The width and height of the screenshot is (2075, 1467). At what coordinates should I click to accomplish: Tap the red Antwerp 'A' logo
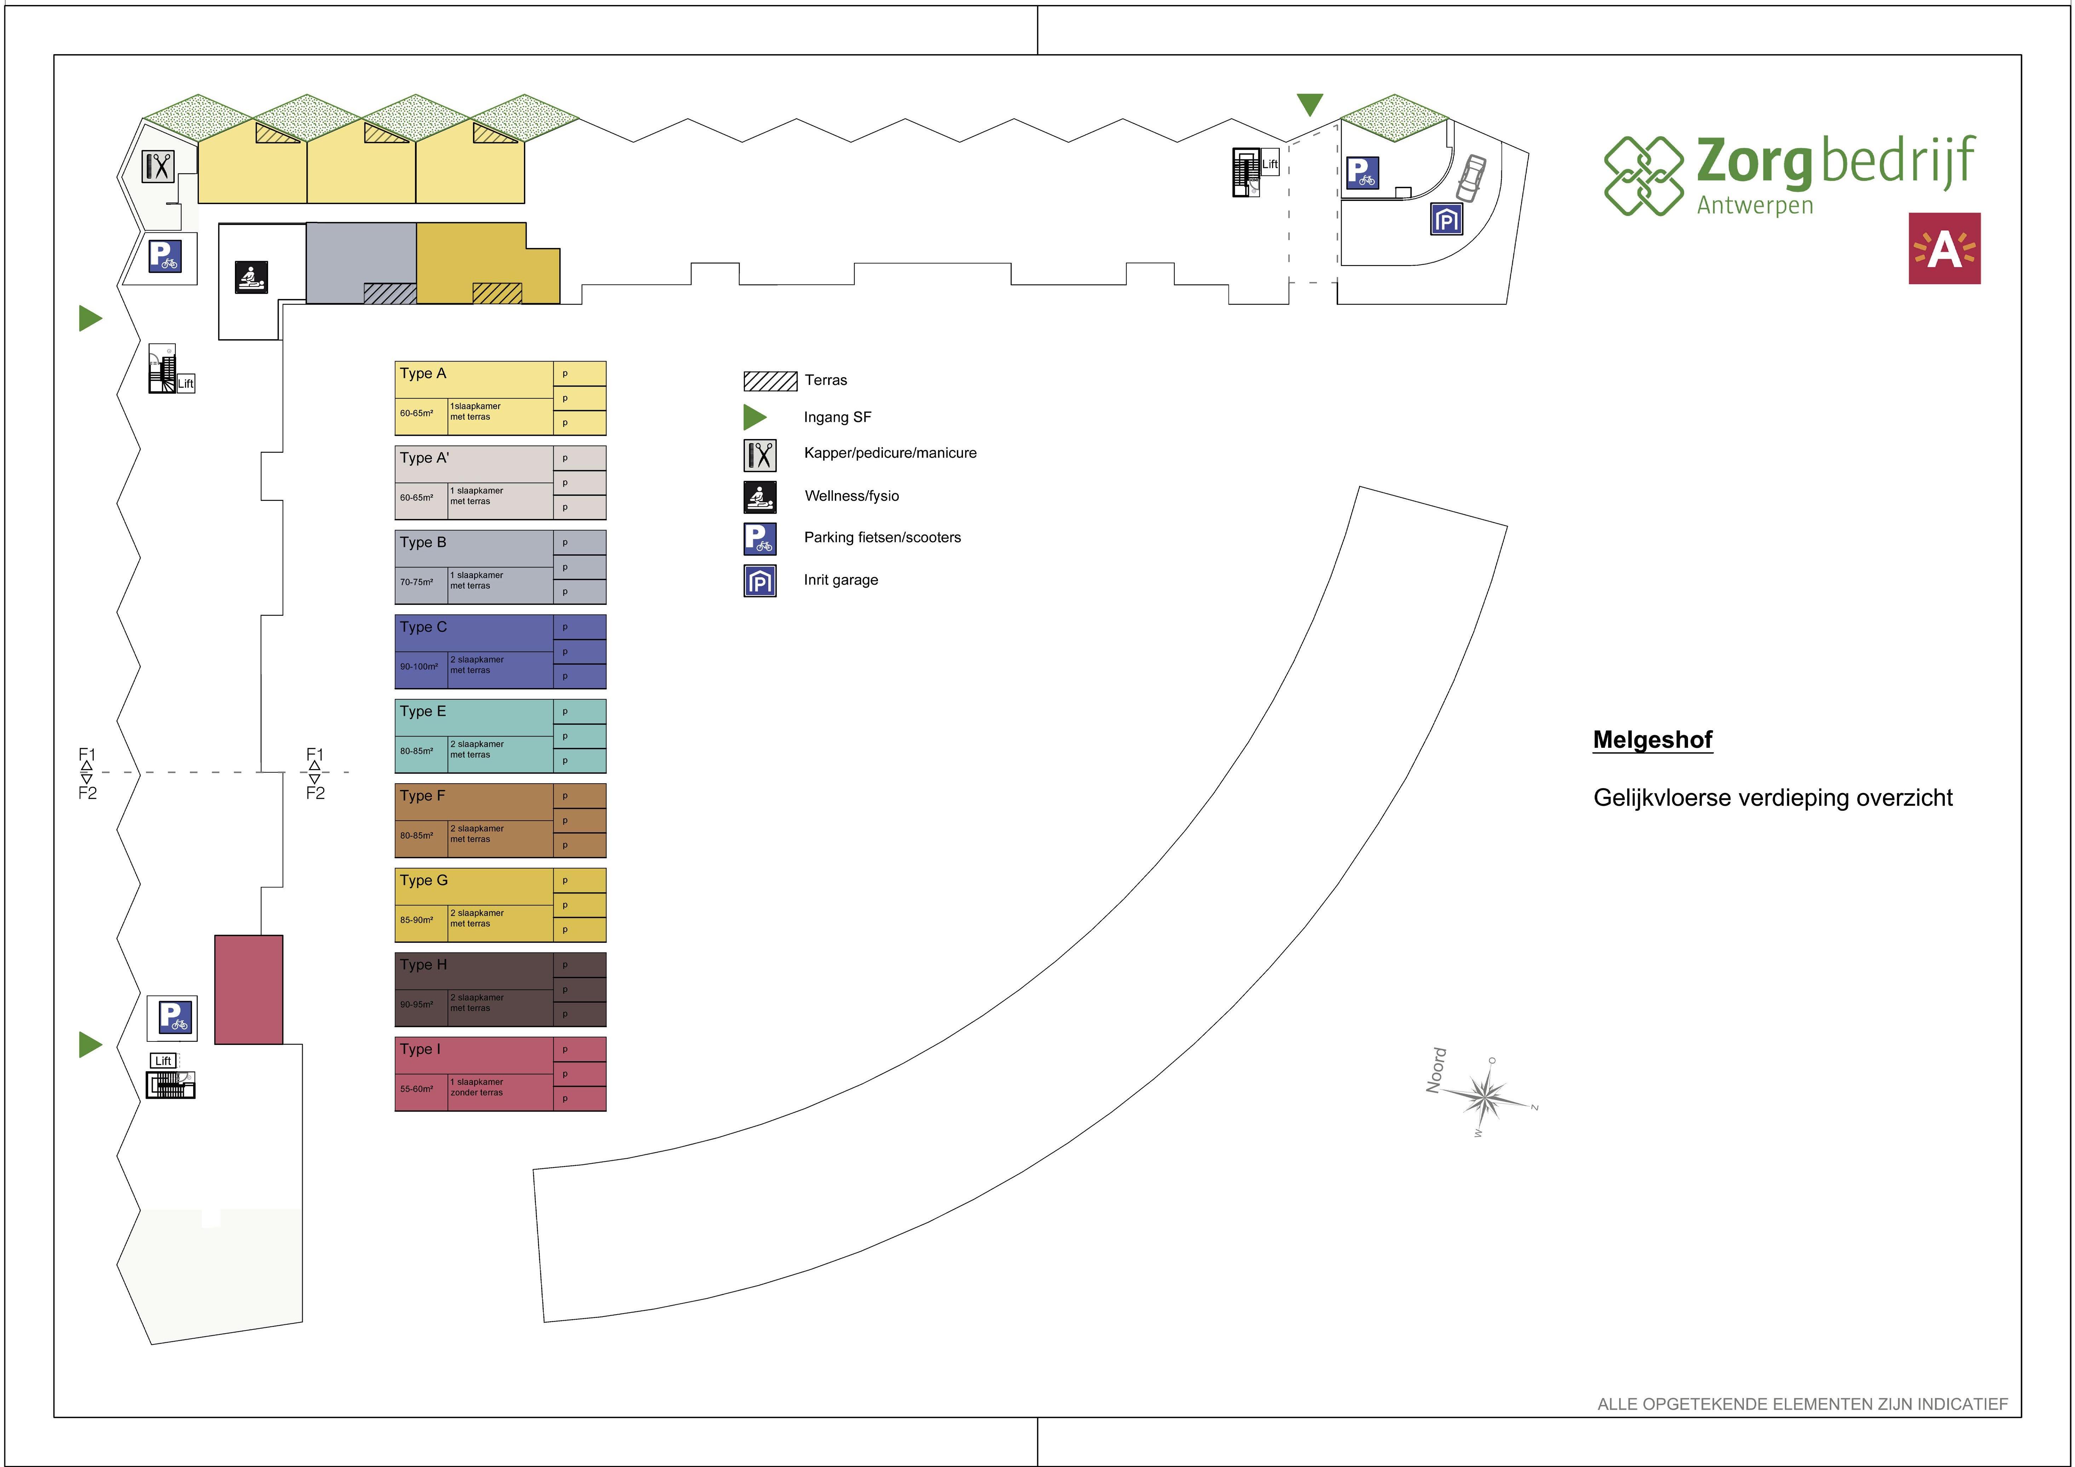[1944, 249]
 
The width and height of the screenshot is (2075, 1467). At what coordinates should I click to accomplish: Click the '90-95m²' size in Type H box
[417, 1004]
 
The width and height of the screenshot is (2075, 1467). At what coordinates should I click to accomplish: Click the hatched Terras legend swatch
[770, 381]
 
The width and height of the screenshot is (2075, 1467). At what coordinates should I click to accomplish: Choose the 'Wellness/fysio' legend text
[851, 495]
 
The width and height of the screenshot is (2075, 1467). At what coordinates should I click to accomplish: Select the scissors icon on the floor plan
[158, 166]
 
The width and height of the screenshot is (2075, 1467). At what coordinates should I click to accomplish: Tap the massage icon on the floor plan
[251, 277]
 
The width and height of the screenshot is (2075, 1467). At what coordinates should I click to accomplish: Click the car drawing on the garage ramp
[1470, 178]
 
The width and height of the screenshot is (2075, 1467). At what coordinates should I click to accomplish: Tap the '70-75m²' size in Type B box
[417, 582]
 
